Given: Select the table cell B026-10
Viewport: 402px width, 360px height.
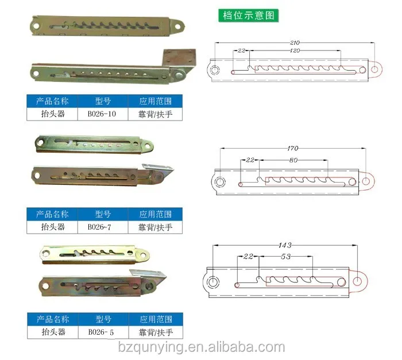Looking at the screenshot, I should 102,114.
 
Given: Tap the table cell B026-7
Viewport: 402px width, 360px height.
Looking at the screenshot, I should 102,227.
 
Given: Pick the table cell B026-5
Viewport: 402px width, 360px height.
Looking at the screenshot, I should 102,332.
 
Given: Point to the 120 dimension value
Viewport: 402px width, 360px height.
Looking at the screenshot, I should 295,51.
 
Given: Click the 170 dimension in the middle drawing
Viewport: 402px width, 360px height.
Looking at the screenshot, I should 292,149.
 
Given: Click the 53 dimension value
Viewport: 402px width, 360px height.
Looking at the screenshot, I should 285,257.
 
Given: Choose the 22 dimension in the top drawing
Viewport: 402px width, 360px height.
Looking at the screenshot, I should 242,51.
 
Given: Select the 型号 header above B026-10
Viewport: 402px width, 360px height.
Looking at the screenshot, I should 102,101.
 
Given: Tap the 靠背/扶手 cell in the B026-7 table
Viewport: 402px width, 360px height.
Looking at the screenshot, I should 155,227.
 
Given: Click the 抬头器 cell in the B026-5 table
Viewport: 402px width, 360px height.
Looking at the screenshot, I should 52,332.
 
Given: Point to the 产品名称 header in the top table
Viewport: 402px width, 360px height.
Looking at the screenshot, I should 52,101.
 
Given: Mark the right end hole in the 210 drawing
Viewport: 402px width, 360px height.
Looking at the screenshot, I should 374,69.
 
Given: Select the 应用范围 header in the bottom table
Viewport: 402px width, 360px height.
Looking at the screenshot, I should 155,319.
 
